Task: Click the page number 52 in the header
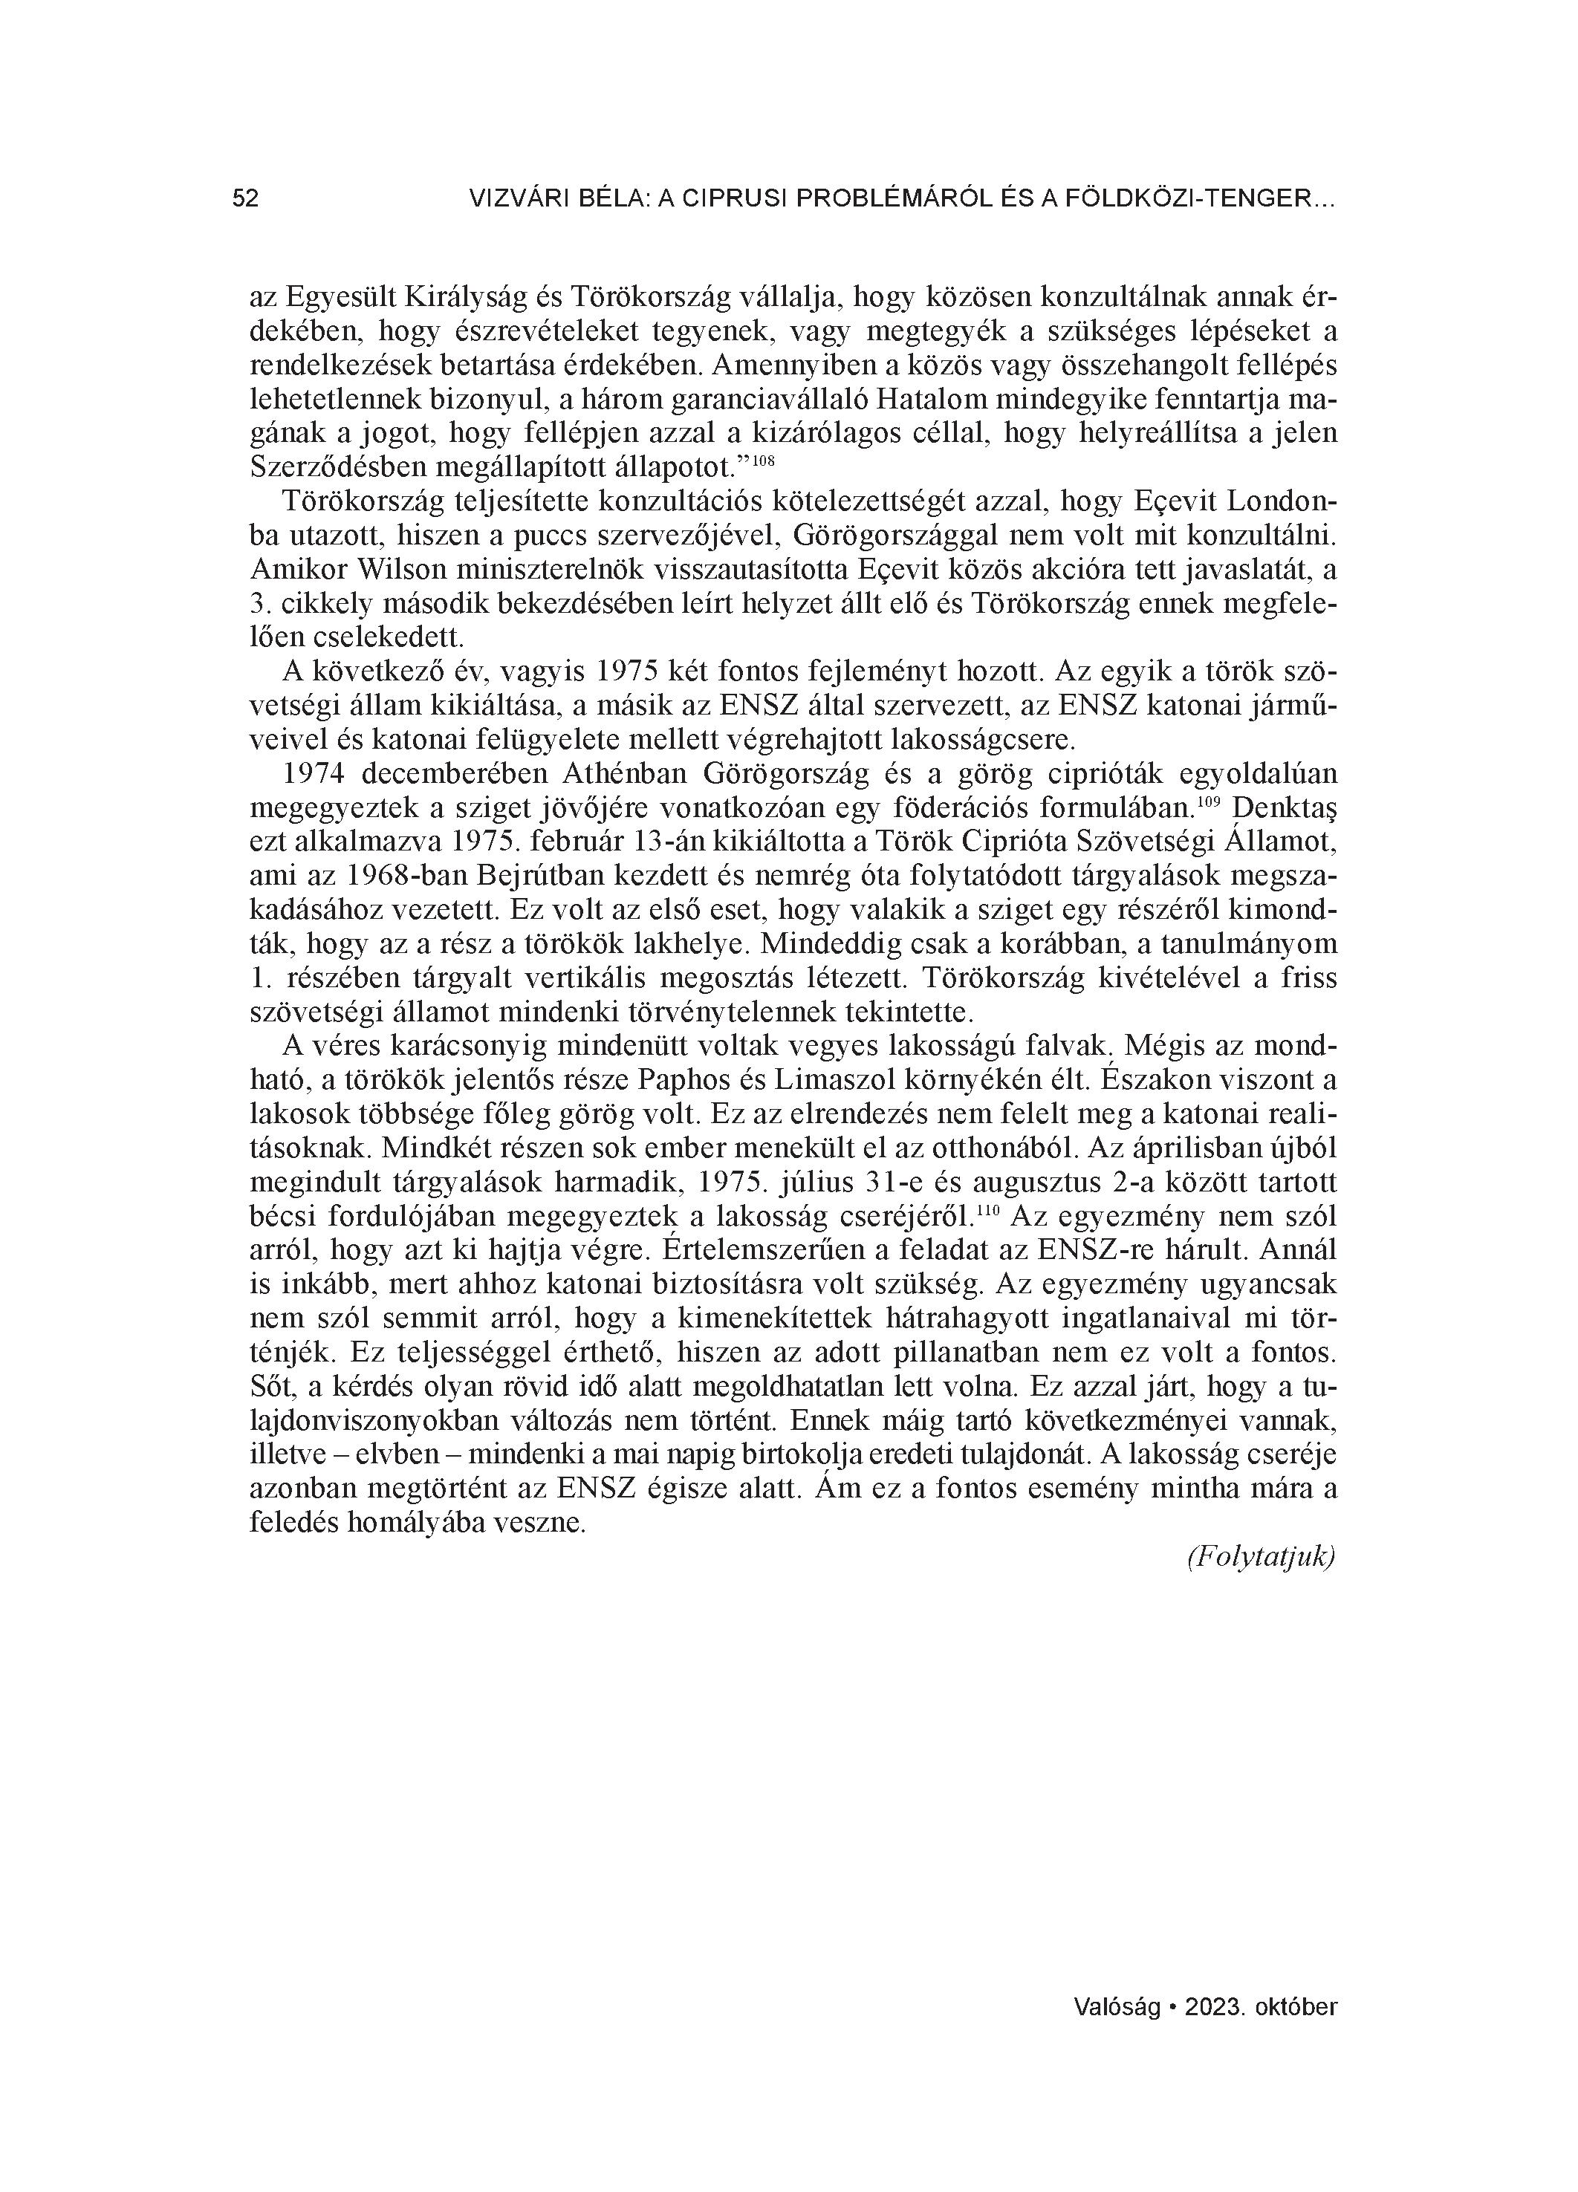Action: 246,199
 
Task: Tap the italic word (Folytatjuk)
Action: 1261,1557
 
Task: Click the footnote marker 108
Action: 764,461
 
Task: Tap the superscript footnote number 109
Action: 1209,803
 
